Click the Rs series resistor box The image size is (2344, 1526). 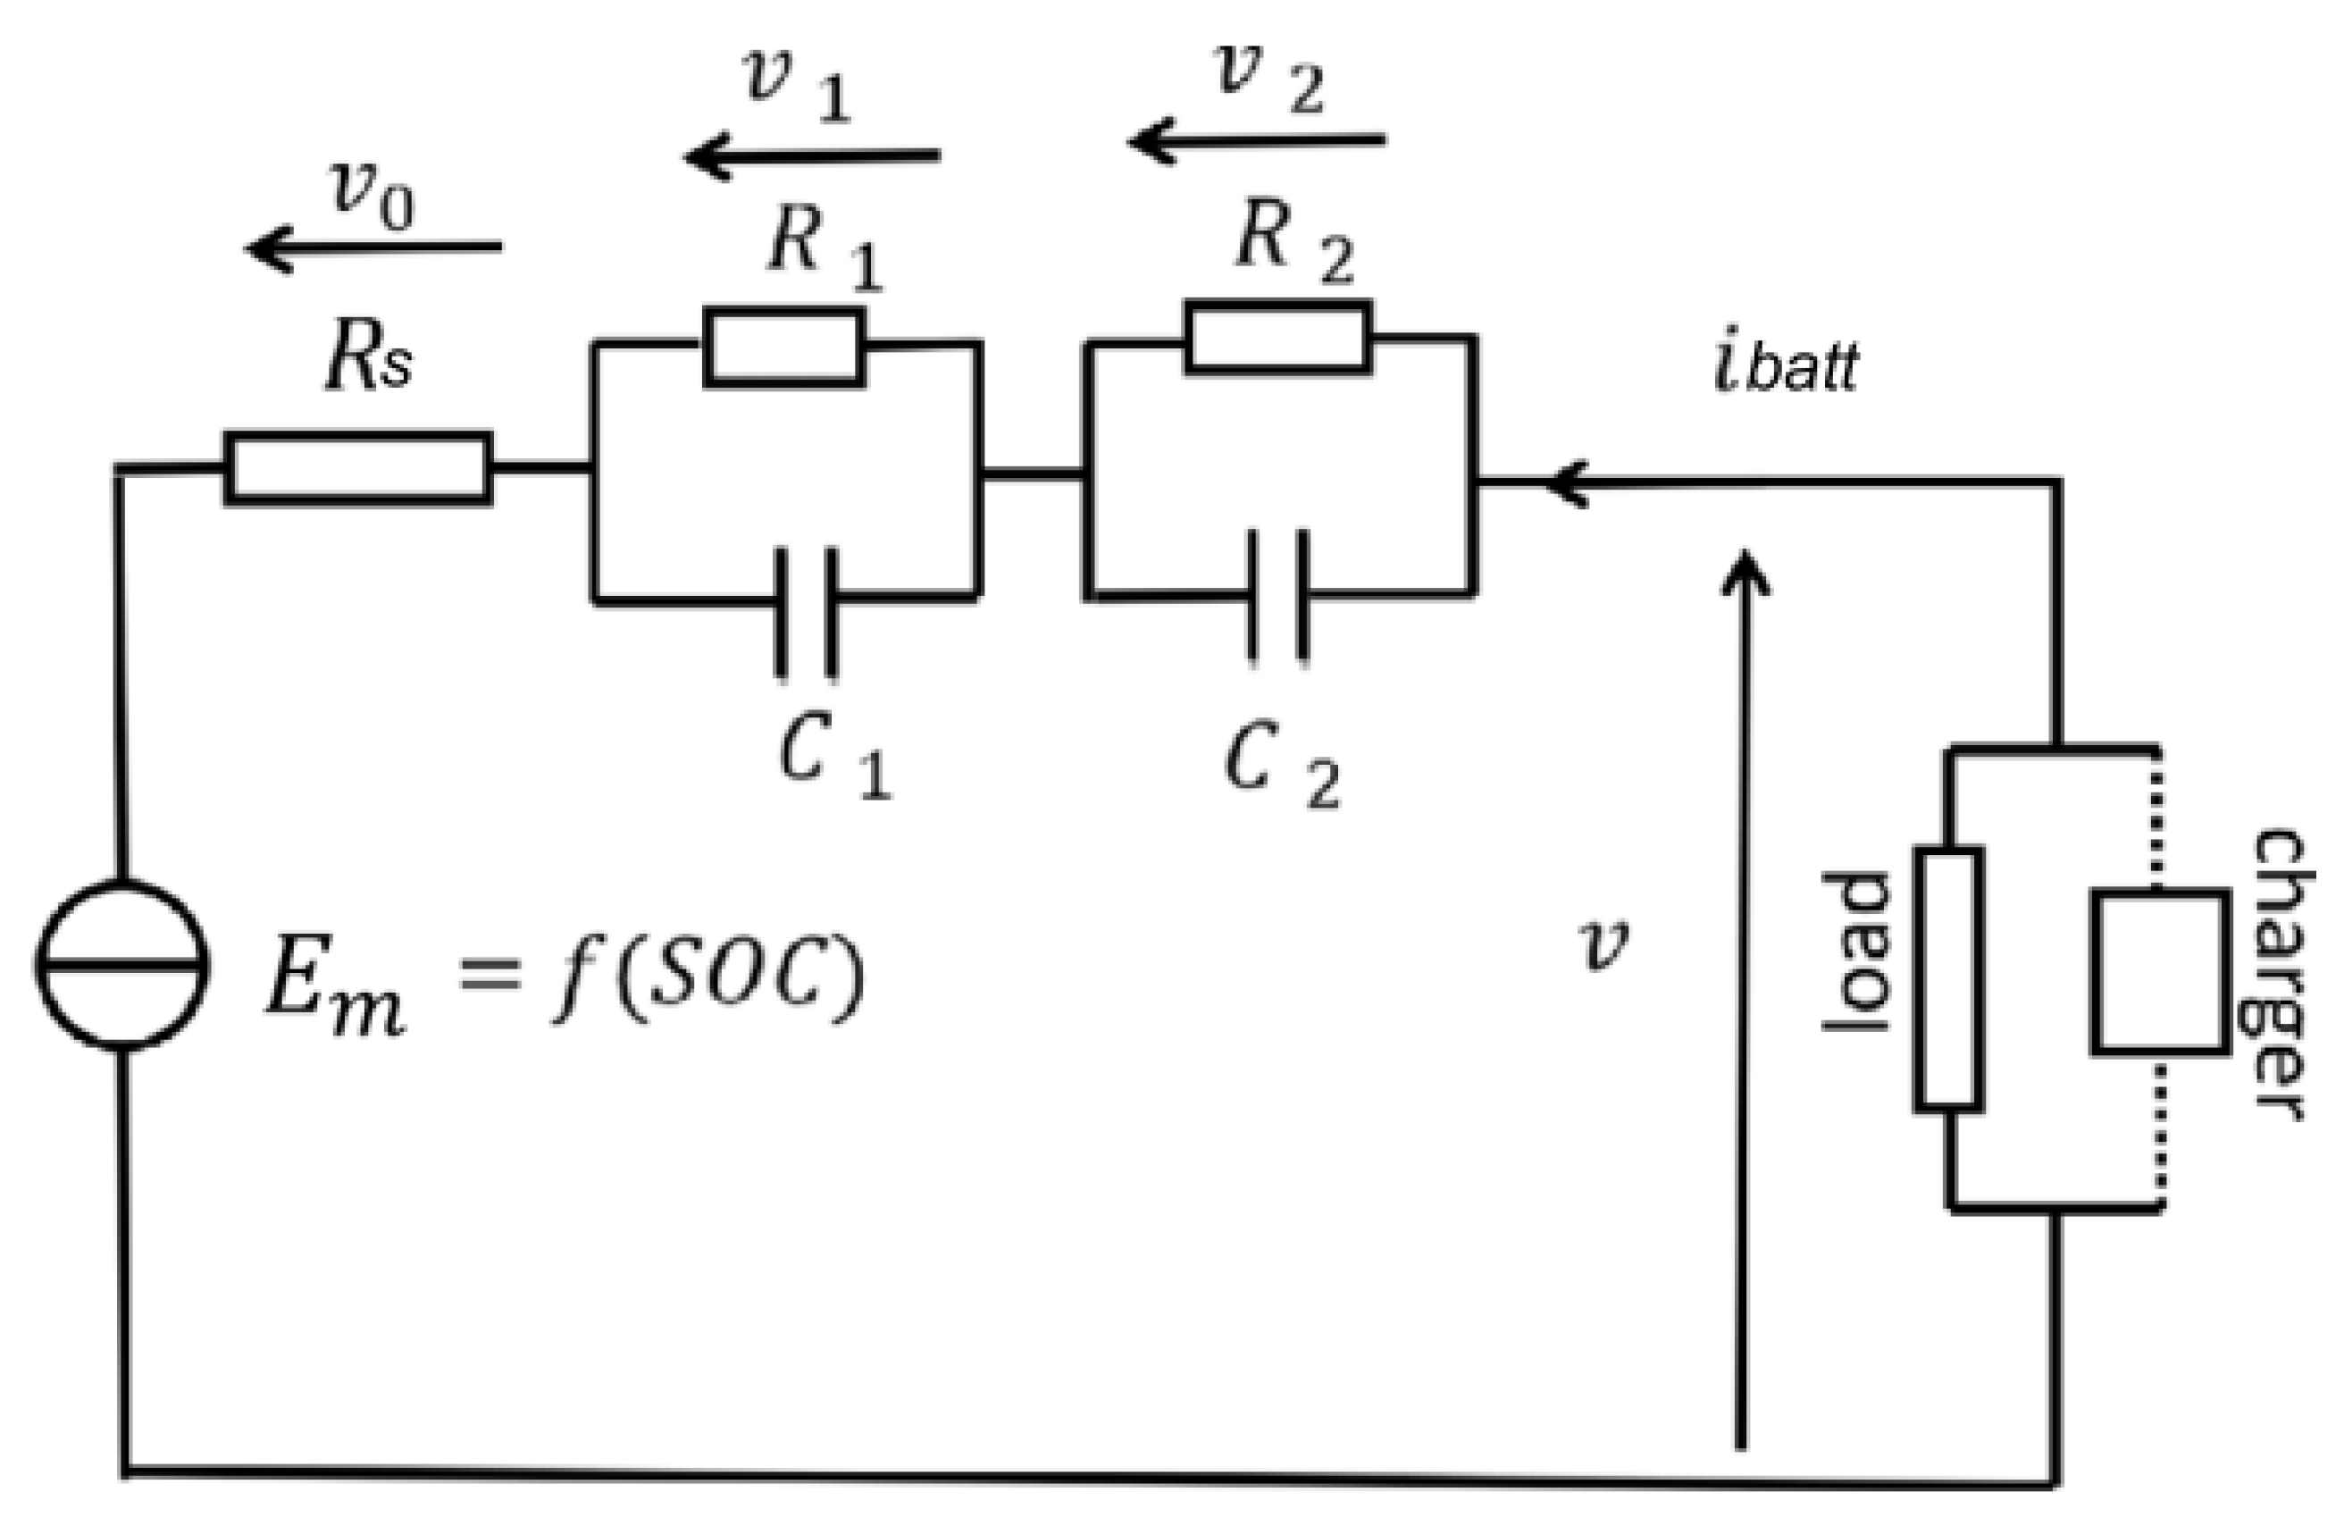(x=358, y=469)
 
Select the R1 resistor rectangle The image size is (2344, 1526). (x=785, y=347)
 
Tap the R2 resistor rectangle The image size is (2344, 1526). (x=1278, y=338)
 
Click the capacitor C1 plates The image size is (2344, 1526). (x=807, y=613)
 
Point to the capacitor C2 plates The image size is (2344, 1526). (x=1278, y=594)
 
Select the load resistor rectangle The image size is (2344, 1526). (x=1949, y=979)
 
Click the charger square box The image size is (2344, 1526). (x=2161, y=972)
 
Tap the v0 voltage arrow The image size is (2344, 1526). (x=373, y=247)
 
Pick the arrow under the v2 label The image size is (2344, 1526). (x=1257, y=141)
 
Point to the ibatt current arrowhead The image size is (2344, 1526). (x=1566, y=483)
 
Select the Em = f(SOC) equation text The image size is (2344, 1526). (x=565, y=979)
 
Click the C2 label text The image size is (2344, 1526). (x=1281, y=767)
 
